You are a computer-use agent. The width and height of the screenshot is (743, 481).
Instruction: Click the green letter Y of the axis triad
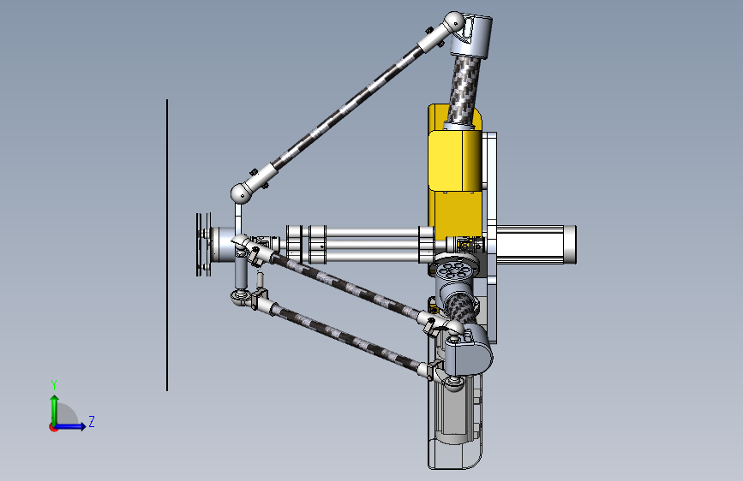click(x=54, y=385)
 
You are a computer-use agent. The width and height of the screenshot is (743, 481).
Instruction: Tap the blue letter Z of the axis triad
click(x=92, y=421)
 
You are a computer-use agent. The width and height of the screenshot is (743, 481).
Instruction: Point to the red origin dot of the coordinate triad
click(x=53, y=427)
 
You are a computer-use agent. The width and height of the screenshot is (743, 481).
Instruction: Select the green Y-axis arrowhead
click(x=55, y=400)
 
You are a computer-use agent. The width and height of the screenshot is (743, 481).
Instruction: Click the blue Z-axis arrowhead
click(x=82, y=426)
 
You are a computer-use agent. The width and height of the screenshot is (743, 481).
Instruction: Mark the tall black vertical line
click(x=167, y=246)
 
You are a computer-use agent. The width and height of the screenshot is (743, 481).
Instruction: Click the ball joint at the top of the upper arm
click(x=454, y=21)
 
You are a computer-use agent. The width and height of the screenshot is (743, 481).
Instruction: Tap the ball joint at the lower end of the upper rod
click(x=241, y=193)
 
